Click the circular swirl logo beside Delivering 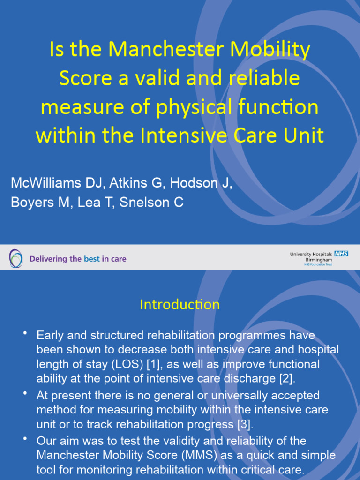(x=15, y=258)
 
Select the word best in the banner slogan (x=92, y=259)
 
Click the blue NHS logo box (x=341, y=254)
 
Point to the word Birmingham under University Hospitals (x=319, y=259)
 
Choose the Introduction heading (x=180, y=305)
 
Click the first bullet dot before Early (x=25, y=333)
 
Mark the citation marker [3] (x=242, y=424)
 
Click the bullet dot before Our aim (x=25, y=439)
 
